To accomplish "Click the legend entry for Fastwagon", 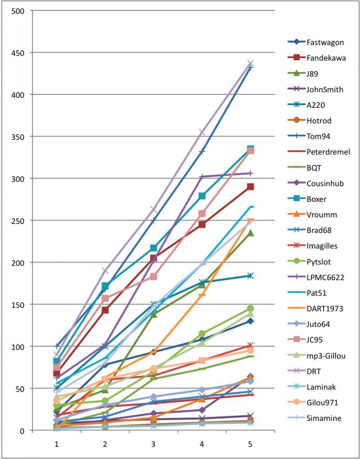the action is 325,42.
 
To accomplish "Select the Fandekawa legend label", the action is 326,58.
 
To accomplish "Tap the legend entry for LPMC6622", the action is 325,277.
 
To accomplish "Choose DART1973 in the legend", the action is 324,308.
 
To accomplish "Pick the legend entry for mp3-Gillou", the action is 326,356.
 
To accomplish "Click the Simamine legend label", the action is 324,418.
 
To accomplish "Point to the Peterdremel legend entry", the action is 328,152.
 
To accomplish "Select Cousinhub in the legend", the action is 325,183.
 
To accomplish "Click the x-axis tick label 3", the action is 153,444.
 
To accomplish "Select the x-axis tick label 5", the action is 250,444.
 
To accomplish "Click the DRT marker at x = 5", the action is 250,63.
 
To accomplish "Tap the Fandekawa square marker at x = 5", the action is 250,187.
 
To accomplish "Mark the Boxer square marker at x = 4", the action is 202,196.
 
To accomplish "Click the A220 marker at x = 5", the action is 250,276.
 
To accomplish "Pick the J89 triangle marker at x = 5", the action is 250,233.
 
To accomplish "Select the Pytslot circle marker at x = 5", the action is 250,308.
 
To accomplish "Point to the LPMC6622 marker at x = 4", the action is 202,177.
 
